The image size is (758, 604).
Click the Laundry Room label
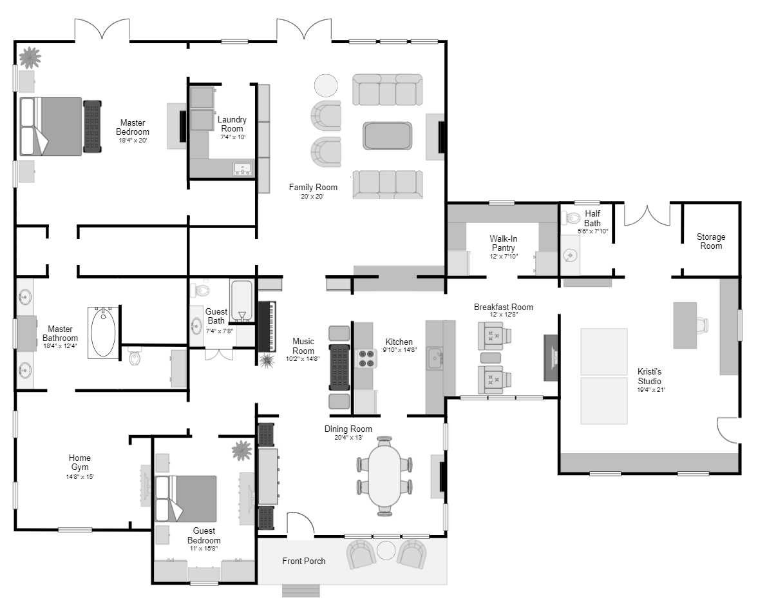click(232, 124)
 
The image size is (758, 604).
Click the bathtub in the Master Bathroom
click(103, 333)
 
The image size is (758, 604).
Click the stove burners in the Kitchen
click(366, 358)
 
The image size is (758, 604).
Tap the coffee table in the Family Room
click(388, 136)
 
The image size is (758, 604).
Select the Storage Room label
click(710, 241)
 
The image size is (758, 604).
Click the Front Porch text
click(303, 561)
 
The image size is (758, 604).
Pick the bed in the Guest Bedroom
click(185, 499)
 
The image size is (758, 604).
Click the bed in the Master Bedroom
click(51, 126)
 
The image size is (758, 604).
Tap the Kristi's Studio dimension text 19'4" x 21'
click(650, 389)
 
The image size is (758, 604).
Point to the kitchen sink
click(435, 358)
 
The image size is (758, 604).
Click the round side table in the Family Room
click(326, 86)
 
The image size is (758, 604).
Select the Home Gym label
click(80, 462)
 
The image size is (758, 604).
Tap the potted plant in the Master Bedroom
click(30, 57)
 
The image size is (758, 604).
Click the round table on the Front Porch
click(386, 550)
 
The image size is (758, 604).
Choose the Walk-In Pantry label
click(503, 243)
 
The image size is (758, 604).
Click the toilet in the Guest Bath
click(200, 290)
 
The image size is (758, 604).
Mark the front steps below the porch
click(301, 591)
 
